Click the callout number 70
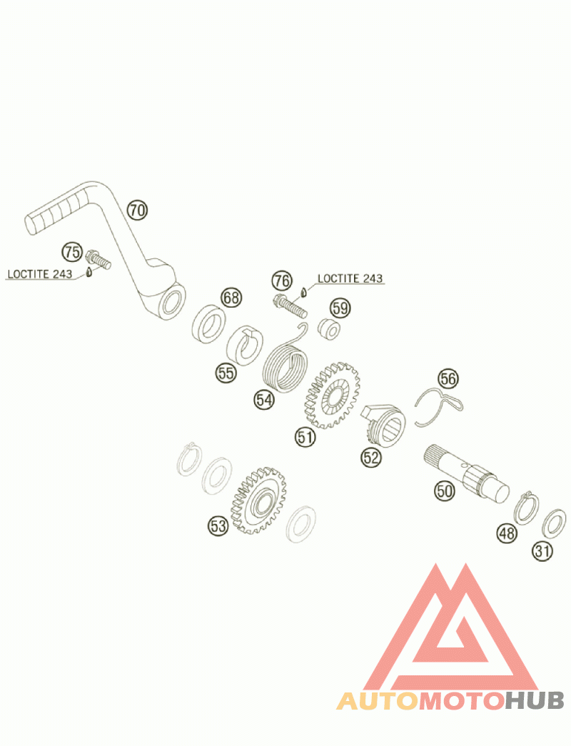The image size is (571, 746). tap(137, 210)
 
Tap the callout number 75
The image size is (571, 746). tap(71, 251)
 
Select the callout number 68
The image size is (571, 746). tap(231, 298)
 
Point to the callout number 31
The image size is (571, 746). tap(542, 550)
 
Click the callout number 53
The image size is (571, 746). tap(218, 526)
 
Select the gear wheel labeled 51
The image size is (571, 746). tap(333, 396)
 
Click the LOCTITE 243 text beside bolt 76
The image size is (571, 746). tap(350, 278)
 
